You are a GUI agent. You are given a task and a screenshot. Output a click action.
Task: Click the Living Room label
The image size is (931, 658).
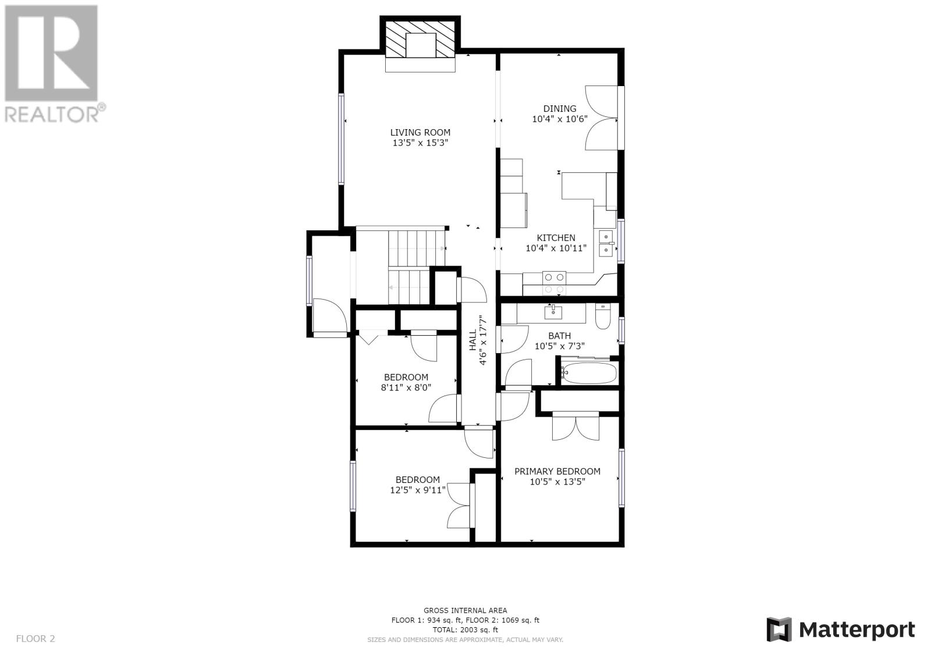tap(420, 133)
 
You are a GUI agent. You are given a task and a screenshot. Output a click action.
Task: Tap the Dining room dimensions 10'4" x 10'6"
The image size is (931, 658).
tap(559, 119)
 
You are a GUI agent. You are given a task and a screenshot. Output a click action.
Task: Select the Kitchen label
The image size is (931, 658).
tap(556, 238)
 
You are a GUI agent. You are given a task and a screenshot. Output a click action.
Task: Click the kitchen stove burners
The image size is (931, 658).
tap(555, 283)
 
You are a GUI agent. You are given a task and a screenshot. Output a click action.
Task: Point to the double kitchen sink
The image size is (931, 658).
tap(606, 244)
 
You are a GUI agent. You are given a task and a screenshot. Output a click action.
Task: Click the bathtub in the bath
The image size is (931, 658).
tap(589, 374)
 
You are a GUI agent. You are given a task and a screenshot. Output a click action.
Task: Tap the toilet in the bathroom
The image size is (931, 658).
tap(602, 316)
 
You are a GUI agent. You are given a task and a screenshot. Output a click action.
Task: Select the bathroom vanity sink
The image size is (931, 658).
tap(553, 312)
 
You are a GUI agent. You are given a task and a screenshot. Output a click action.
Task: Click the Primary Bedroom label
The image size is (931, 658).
tap(557, 471)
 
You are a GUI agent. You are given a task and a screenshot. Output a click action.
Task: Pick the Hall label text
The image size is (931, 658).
tap(473, 340)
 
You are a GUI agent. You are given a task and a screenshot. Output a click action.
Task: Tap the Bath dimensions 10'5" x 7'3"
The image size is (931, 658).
tap(559, 346)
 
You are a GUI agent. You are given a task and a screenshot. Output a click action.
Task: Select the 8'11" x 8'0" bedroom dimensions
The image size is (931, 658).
tap(406, 387)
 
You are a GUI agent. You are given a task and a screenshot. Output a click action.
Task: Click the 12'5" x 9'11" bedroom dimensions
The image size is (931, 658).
tap(418, 490)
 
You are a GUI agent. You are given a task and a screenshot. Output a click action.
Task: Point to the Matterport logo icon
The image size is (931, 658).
tap(779, 629)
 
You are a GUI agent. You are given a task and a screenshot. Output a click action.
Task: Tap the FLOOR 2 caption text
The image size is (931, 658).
tap(35, 638)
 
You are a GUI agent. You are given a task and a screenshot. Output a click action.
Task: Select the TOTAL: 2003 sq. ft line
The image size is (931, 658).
tap(465, 629)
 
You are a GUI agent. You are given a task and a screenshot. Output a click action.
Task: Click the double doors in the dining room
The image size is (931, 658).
tap(601, 118)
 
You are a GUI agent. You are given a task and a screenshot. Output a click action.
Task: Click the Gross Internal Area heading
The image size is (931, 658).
tap(465, 610)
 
